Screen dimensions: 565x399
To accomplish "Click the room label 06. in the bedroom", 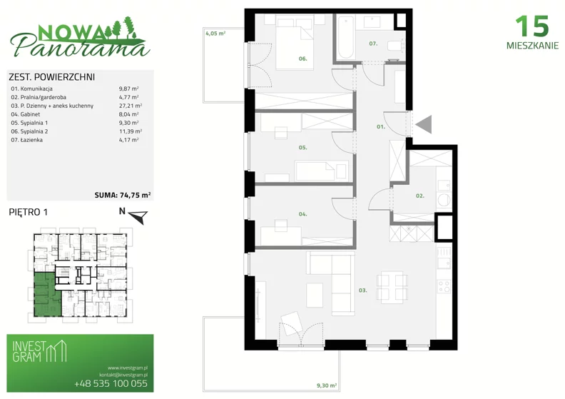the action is (x=302, y=59).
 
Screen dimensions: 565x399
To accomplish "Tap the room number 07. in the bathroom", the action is (x=373, y=44).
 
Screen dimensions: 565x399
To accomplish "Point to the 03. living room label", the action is (x=363, y=290).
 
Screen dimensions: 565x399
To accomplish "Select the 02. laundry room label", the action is (x=419, y=196).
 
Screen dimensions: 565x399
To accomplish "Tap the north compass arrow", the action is (x=138, y=216).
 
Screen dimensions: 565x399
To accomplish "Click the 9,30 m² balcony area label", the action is (x=327, y=385).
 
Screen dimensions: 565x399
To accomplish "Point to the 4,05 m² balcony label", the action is (x=215, y=34).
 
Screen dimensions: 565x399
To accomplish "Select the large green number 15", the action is (x=532, y=26).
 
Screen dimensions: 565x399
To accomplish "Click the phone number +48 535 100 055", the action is (x=111, y=383).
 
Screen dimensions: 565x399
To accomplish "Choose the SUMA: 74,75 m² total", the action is (x=123, y=195).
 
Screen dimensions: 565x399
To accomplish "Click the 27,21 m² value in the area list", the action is (x=131, y=106).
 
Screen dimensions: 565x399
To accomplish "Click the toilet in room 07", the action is (x=394, y=46).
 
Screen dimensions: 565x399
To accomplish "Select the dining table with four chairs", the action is (x=392, y=287).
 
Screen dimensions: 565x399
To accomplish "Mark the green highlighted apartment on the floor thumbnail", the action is (x=46, y=296).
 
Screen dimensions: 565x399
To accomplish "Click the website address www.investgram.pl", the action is (x=128, y=368).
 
